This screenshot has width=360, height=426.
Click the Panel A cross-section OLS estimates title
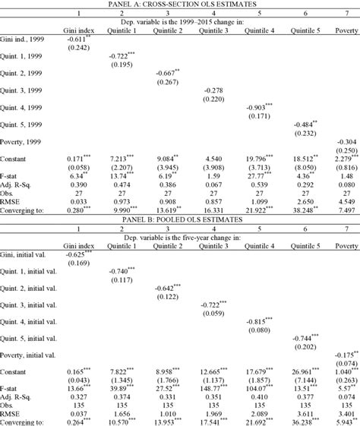[x=180, y=5]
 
